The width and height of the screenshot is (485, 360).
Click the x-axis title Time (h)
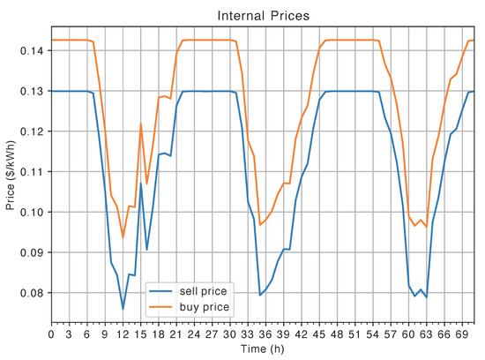(x=262, y=351)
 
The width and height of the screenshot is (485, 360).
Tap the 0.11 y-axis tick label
(x=32, y=172)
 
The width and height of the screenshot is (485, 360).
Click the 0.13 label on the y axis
(x=32, y=92)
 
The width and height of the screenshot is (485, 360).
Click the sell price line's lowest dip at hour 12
(x=123, y=309)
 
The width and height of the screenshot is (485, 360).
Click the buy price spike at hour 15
(x=141, y=124)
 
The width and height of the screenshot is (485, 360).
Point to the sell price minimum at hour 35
(x=260, y=295)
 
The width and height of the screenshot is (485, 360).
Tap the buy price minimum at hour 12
(x=123, y=237)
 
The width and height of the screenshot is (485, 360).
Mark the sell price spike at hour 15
(x=141, y=184)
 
